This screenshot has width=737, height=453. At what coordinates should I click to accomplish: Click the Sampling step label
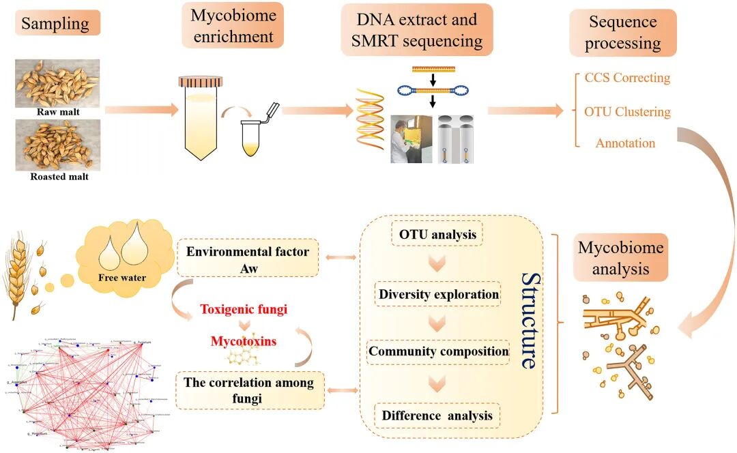pos(55,24)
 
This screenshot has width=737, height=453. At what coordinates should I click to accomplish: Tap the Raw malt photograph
pos(57,83)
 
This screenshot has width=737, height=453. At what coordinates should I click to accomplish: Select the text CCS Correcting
pos(627,78)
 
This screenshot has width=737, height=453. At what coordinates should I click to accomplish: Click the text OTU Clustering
pos(627,111)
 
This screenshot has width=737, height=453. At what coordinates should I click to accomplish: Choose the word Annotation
pos(625,143)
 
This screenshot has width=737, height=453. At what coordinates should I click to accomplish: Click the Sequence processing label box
pos(623,32)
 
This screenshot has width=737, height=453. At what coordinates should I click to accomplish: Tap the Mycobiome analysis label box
pos(620,258)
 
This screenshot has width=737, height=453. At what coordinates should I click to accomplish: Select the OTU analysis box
pos(437,235)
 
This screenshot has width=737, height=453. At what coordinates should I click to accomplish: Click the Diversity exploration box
pos(437,294)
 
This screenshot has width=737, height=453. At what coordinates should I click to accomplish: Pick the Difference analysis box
pos(437,415)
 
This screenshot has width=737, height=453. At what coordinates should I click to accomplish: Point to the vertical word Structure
pos(528,321)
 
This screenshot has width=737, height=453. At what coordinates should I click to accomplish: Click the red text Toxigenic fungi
pos(243,309)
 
